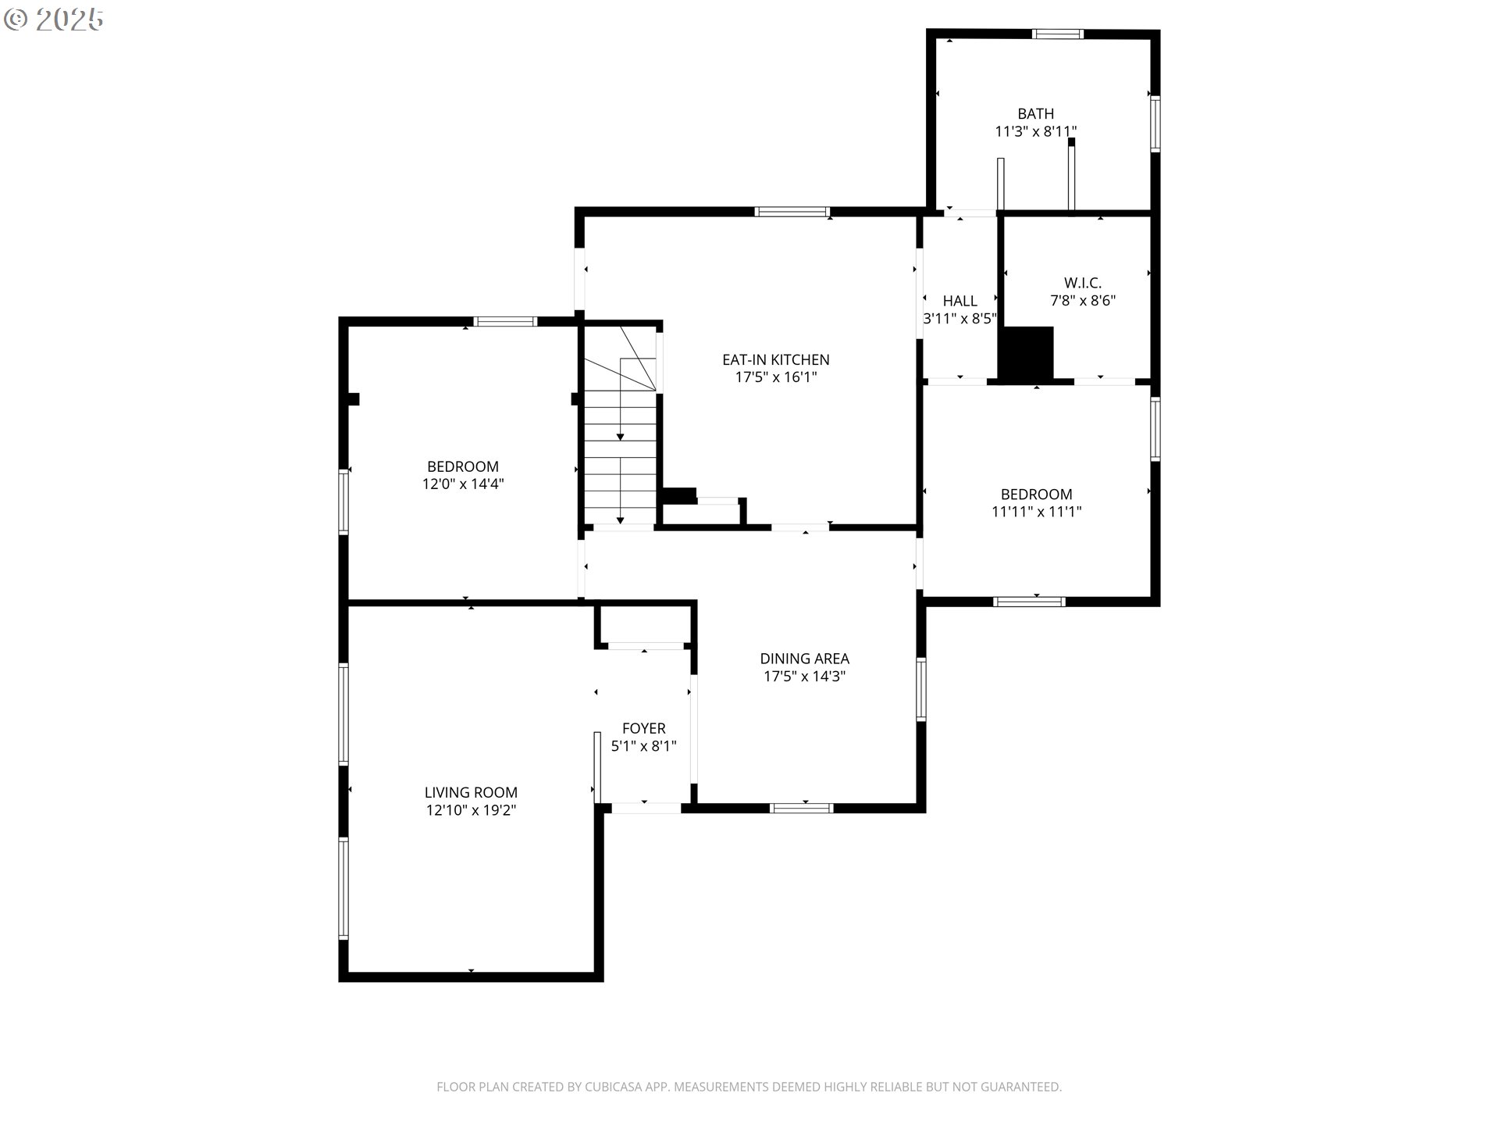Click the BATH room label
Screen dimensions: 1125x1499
(1035, 114)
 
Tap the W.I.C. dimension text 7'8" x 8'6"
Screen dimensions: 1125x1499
(1082, 301)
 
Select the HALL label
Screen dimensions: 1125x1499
(960, 301)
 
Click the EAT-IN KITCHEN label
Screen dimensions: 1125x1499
(775, 359)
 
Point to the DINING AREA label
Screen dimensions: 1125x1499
(804, 659)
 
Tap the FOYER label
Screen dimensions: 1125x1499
(643, 728)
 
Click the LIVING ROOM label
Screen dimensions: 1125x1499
(471, 792)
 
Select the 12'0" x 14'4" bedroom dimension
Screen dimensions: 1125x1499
(463, 484)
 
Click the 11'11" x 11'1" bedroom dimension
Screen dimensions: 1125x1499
(1036, 512)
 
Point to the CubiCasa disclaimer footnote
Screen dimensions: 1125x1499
(749, 1087)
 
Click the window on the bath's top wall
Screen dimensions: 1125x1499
(1057, 34)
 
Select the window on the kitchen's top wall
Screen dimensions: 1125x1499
(791, 211)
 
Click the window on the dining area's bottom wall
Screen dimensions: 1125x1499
(802, 809)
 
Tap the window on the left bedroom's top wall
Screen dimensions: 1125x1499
(505, 321)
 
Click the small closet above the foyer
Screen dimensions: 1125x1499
(644, 624)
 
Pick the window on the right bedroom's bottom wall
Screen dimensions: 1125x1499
(1028, 602)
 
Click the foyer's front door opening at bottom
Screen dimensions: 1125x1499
(645, 808)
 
